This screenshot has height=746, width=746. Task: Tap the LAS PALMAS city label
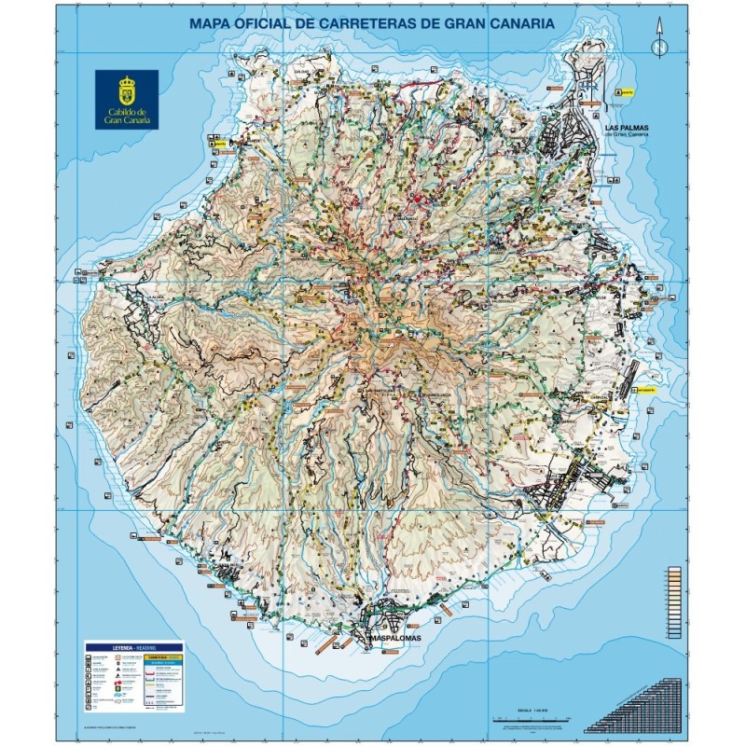coord(626,124)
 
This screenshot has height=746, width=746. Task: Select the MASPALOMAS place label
coord(395,638)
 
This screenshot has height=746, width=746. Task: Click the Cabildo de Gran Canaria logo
coord(126,99)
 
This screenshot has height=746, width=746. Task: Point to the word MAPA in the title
coord(212,22)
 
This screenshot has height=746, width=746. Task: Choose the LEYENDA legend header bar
coord(134,645)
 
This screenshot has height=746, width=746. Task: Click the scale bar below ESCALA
coord(529,721)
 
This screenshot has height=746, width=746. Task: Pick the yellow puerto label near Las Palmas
coord(626,92)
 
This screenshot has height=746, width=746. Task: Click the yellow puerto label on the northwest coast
coord(219,144)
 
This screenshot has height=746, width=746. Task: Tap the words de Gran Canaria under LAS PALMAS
coord(626,134)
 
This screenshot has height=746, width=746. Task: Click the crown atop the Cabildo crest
coord(126,82)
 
